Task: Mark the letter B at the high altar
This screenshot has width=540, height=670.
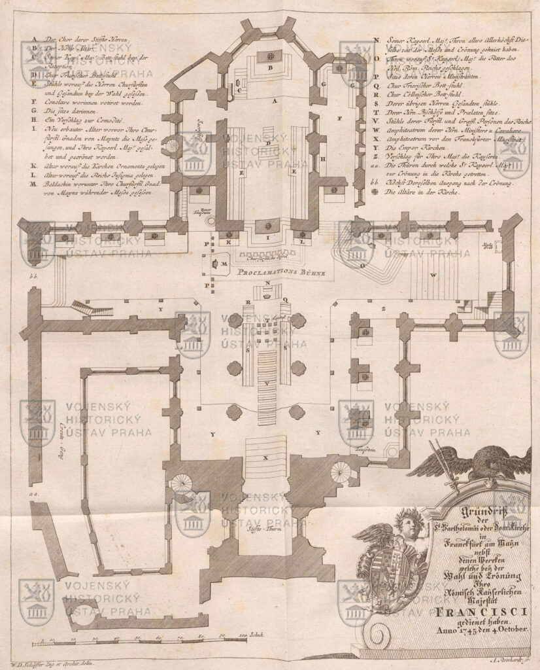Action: (269, 67)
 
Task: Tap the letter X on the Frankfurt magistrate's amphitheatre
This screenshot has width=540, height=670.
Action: (265, 458)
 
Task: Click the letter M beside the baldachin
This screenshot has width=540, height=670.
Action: (224, 262)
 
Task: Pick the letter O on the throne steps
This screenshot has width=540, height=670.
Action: (361, 266)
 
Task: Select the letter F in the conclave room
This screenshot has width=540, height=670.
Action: (341, 119)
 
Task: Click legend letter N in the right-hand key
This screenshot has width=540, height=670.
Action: (378, 41)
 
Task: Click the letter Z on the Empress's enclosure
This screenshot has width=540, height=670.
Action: (384, 307)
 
